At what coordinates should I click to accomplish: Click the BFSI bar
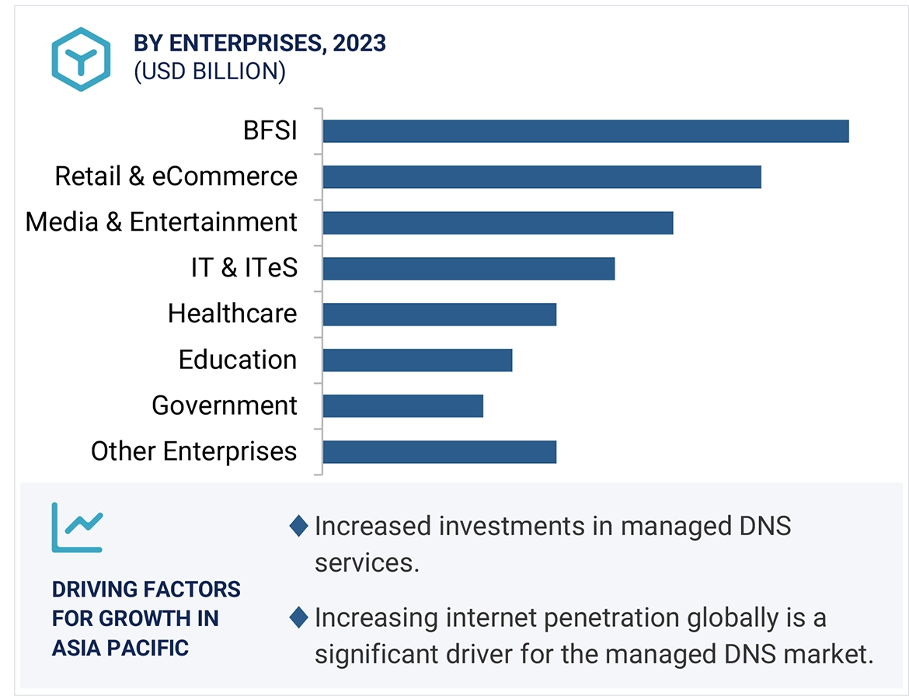(585, 131)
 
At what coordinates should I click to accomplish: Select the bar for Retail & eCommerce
(542, 177)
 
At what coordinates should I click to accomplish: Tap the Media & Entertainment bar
(497, 223)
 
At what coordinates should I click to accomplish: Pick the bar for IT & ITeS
(468, 269)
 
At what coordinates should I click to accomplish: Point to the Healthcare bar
(439, 315)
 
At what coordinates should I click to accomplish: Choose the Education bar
(417, 360)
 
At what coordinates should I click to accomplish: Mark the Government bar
(402, 406)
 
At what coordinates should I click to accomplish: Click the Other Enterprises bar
(439, 452)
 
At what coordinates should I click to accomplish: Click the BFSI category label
(270, 130)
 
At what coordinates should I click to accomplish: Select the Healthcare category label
(232, 314)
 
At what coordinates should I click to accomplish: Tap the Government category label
(224, 405)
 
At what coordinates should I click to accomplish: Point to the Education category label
(237, 360)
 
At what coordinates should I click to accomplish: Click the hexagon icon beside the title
(81, 59)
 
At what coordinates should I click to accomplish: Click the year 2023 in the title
(359, 43)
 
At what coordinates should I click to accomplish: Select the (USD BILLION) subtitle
(210, 71)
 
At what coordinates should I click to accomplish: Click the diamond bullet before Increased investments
(298, 527)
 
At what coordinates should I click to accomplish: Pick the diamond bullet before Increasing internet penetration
(298, 618)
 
